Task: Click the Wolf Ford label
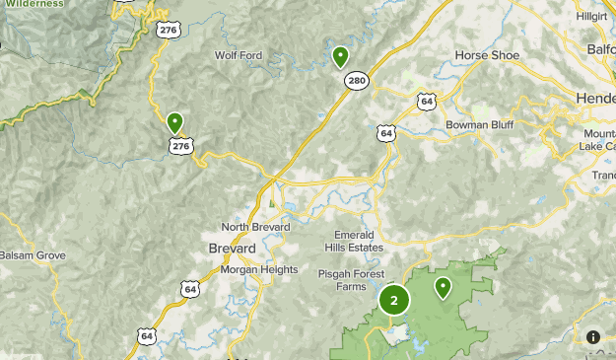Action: coord(239,55)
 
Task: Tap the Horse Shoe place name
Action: coord(487,55)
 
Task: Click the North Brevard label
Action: coord(256,227)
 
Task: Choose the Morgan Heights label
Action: coord(258,269)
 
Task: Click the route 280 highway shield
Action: coord(357,81)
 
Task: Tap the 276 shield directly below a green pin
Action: coord(180,146)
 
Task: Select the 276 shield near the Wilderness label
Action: coord(167,30)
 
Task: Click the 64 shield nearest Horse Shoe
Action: coord(426,101)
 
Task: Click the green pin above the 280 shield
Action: coord(341,56)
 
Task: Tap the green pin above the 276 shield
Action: coord(175,122)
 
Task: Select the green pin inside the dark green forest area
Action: coord(444,288)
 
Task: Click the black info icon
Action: coord(594,337)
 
